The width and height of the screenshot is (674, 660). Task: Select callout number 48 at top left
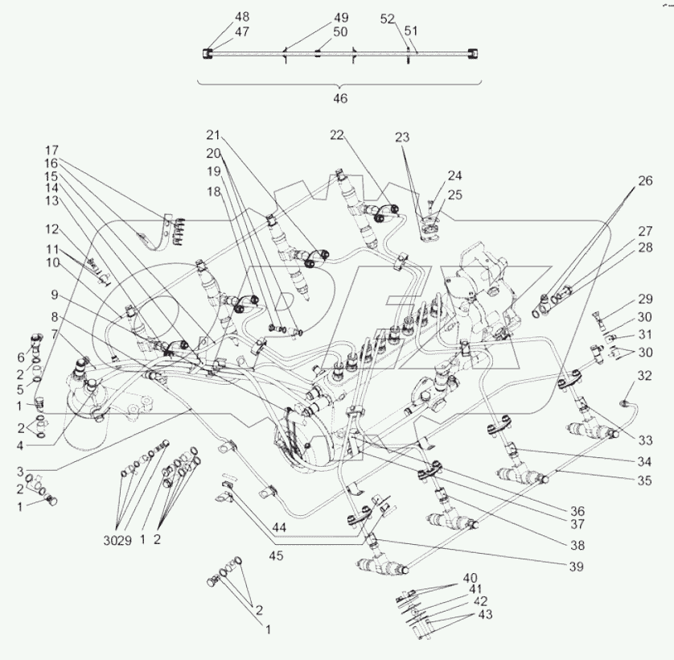220,16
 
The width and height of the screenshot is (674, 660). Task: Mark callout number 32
645,375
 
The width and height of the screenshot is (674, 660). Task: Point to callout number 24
455,175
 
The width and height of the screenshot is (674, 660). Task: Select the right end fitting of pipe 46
478,54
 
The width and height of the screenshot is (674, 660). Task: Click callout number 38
576,545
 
